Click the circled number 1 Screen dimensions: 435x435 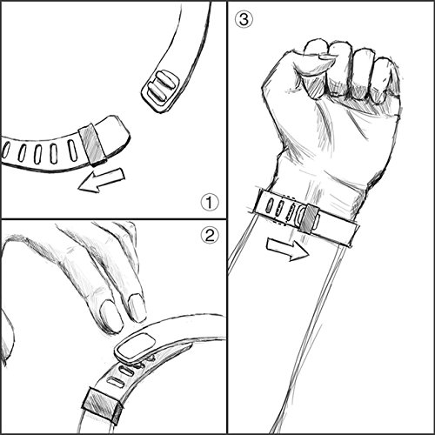tap(210, 203)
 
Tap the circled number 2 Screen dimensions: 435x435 tap(210, 235)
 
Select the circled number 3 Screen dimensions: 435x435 tap(244, 20)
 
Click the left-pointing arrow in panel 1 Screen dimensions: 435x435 tap(102, 180)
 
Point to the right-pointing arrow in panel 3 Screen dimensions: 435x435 tap(288, 249)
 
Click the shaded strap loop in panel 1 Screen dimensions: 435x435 tap(93, 145)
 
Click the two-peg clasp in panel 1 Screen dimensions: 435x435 tap(160, 90)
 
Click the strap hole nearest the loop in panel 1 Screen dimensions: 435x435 tap(71, 151)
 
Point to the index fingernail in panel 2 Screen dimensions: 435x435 tap(137, 307)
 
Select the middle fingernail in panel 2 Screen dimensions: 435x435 tap(111, 316)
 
